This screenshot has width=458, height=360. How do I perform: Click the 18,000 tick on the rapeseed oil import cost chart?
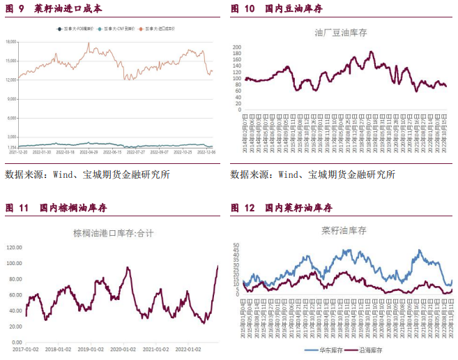11,42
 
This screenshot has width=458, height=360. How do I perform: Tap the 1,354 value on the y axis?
12,147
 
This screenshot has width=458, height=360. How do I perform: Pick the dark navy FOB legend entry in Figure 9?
76,29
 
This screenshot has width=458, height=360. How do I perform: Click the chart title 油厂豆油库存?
342,32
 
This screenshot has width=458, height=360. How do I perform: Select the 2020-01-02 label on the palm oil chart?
123,349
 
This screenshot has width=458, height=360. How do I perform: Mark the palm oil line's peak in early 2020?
128,267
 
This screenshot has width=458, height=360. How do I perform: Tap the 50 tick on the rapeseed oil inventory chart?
236,245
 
